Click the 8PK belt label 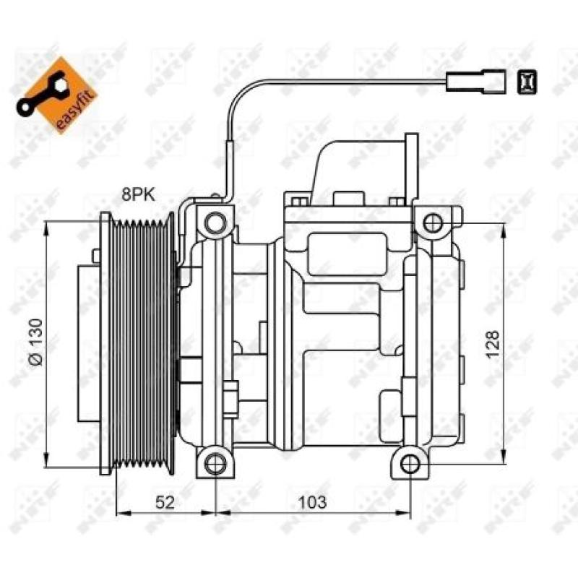pyautogui.click(x=137, y=194)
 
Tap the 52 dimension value pyautogui.click(x=166, y=501)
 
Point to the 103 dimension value pyautogui.click(x=312, y=501)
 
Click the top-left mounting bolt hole pyautogui.click(x=214, y=223)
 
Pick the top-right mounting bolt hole pyautogui.click(x=432, y=223)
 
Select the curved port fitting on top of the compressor pyautogui.click(x=368, y=166)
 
